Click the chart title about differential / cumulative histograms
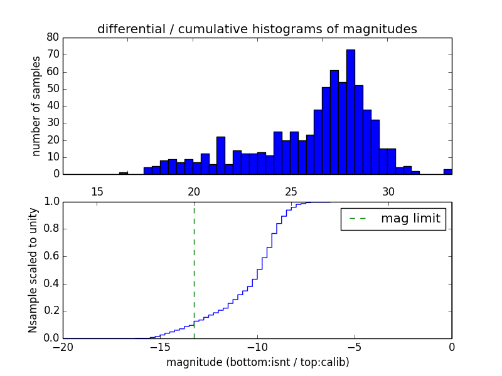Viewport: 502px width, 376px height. (x=257, y=29)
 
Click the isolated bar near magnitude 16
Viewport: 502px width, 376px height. (x=124, y=173)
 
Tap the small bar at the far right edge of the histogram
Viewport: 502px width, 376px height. (x=447, y=172)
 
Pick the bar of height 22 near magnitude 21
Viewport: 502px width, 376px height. (x=221, y=155)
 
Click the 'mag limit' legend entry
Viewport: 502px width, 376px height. (x=393, y=219)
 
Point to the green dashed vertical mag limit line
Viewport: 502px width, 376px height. (x=194, y=269)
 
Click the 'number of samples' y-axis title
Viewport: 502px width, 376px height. (x=36, y=106)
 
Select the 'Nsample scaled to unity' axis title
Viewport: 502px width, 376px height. (x=33, y=271)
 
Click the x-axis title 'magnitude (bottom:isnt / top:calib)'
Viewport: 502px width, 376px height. (x=257, y=362)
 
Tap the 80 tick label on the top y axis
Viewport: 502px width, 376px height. (x=53, y=38)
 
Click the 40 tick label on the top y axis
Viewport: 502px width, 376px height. (x=53, y=106)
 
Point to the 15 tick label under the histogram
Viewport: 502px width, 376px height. (x=97, y=191)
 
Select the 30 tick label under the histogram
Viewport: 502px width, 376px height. (x=388, y=191)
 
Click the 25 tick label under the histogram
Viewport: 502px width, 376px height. (x=291, y=191)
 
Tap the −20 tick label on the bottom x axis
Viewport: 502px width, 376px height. (x=63, y=346)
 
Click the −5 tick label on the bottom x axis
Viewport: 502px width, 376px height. (x=355, y=346)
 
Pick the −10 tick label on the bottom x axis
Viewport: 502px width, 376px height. (x=257, y=346)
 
